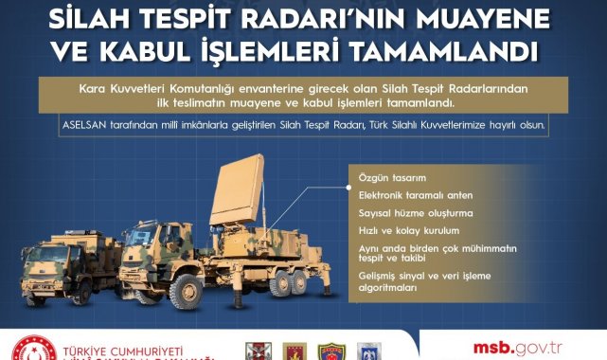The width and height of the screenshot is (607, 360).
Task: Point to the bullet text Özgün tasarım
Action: [x=391, y=177]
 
